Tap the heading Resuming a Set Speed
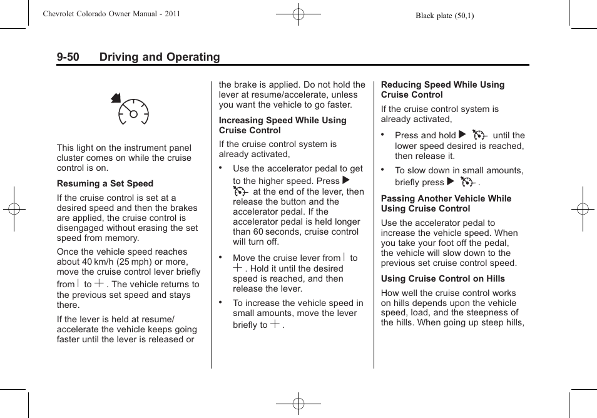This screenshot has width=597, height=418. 105,184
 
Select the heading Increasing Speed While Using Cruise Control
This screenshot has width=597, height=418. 282,125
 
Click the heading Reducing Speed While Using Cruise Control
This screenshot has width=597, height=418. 442,89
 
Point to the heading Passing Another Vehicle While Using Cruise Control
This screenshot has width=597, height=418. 446,203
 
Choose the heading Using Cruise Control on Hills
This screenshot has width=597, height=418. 442,279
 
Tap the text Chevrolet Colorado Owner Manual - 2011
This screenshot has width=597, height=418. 111,14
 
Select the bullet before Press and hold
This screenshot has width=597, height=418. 383,135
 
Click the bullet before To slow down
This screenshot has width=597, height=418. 383,170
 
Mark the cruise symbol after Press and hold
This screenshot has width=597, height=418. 479,135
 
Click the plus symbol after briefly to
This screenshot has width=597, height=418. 275,324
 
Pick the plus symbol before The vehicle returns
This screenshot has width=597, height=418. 99,283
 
